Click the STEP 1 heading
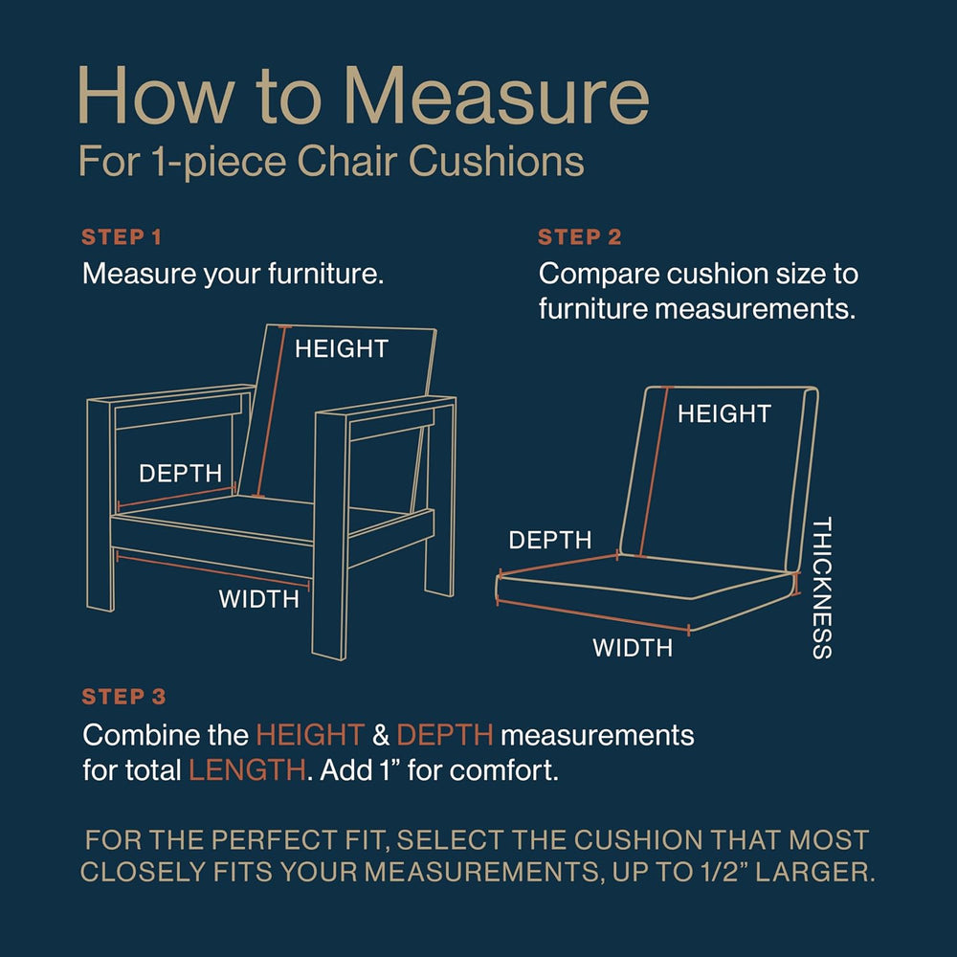pyautogui.click(x=122, y=236)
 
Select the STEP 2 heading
pyautogui.click(x=579, y=236)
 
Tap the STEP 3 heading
pyautogui.click(x=123, y=697)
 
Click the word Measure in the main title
pyautogui.click(x=496, y=97)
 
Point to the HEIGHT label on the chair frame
pyautogui.click(x=342, y=349)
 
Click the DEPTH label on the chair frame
pyautogui.click(x=180, y=474)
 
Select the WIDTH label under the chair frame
pyautogui.click(x=258, y=599)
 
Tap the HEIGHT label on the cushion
pyautogui.click(x=723, y=413)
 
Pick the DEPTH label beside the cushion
pyautogui.click(x=550, y=540)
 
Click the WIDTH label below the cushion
pyautogui.click(x=633, y=648)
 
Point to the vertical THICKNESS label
pyautogui.click(x=822, y=588)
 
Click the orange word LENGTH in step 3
pyautogui.click(x=247, y=770)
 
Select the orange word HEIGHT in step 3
pyautogui.click(x=310, y=735)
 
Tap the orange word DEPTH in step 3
pyautogui.click(x=445, y=735)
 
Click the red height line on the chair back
pyautogui.click(x=272, y=412)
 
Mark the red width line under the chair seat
pyautogui.click(x=213, y=570)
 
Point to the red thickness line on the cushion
pyautogui.click(x=795, y=584)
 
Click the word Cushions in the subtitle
pyautogui.click(x=496, y=162)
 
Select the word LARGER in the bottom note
pyautogui.click(x=814, y=872)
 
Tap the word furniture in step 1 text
pyautogui.click(x=325, y=274)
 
